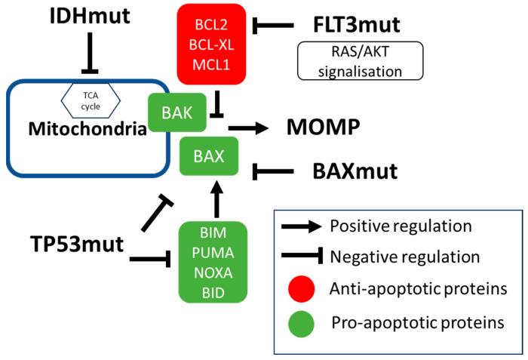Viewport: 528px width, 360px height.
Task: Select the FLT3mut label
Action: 356,25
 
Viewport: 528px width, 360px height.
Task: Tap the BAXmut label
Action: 355,171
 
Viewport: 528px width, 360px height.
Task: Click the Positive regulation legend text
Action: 401,226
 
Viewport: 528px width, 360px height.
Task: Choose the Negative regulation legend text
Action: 406,257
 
